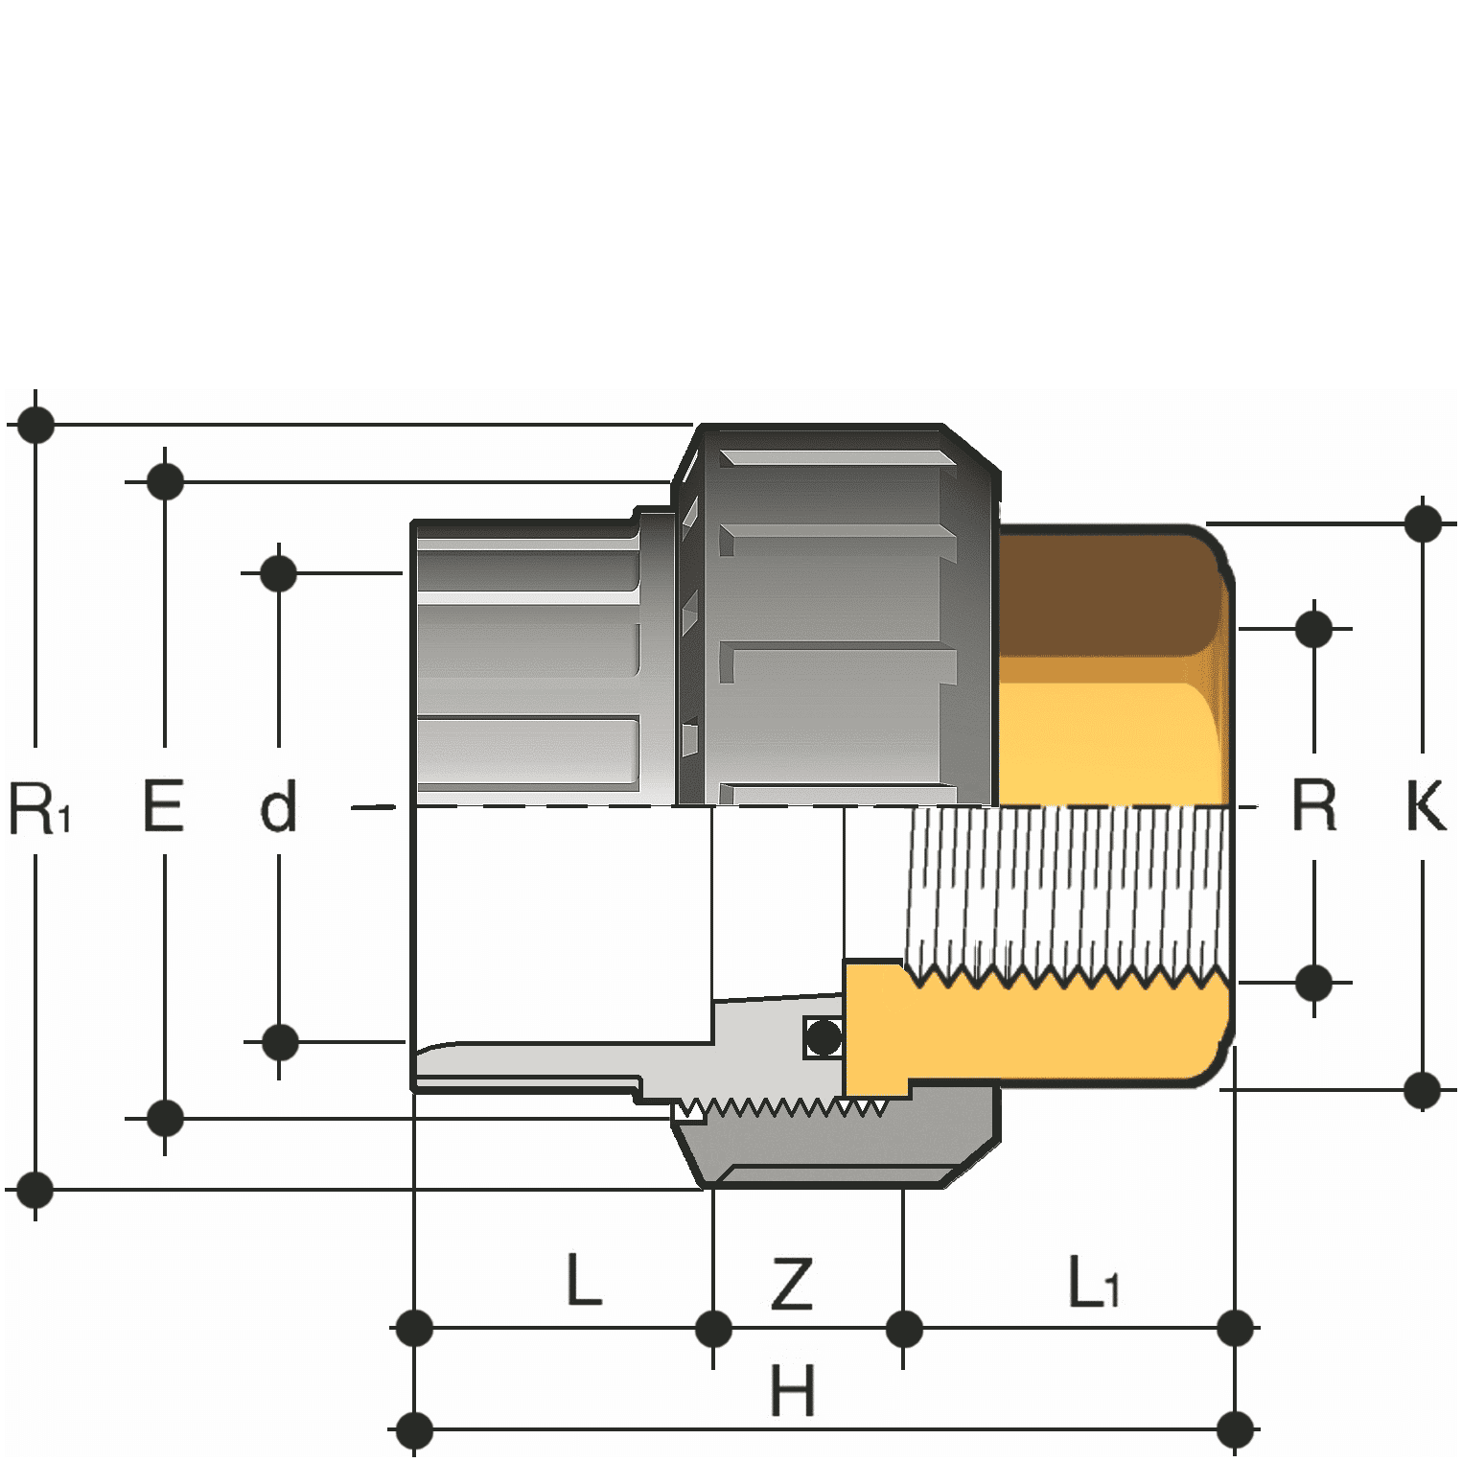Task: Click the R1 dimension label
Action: pos(39,807)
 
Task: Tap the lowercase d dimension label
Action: pos(279,807)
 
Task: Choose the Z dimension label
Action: pos(792,1285)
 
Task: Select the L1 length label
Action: pos(1093,1282)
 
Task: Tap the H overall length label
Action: pos(793,1390)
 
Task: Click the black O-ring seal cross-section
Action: pos(824,1036)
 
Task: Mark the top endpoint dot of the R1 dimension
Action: pos(36,424)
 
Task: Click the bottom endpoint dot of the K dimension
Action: pos(1423,1090)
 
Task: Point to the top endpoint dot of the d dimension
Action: pos(279,573)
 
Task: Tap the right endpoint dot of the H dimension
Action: pos(1235,1429)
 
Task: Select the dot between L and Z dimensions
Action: pos(713,1329)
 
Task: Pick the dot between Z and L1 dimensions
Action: pos(904,1329)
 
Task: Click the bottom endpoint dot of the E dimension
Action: pos(165,1118)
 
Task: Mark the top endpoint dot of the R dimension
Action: pos(1313,629)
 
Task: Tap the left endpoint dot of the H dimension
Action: pos(414,1429)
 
